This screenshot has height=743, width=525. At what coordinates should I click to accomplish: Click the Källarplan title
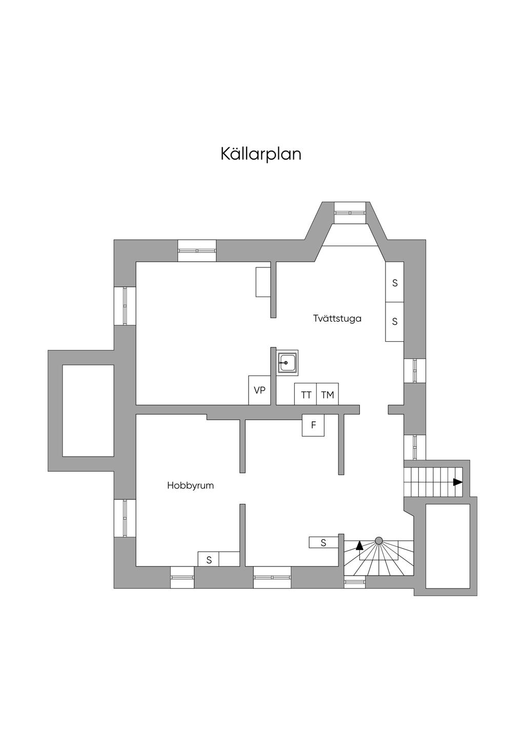pyautogui.click(x=261, y=154)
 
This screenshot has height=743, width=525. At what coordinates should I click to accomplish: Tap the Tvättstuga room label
pyautogui.click(x=337, y=319)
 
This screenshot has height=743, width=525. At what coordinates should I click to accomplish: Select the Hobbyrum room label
pyautogui.click(x=190, y=485)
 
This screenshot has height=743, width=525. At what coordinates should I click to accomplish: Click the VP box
pyautogui.click(x=259, y=390)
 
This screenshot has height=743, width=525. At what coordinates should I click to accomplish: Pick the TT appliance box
pyautogui.click(x=306, y=394)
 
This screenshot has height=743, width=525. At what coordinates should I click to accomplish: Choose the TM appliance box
pyautogui.click(x=328, y=394)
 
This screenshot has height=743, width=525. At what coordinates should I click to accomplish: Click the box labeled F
pyautogui.click(x=313, y=425)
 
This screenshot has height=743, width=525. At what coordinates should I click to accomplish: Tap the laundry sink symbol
pyautogui.click(x=287, y=362)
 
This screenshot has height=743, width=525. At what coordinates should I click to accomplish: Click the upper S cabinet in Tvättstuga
pyautogui.click(x=395, y=282)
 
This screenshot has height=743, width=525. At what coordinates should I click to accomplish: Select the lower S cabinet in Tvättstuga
pyautogui.click(x=395, y=322)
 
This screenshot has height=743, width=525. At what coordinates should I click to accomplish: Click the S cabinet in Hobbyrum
pyautogui.click(x=209, y=559)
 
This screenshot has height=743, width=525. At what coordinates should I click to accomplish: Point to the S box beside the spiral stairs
pyautogui.click(x=323, y=542)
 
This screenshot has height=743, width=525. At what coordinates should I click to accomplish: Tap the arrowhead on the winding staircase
pyautogui.click(x=359, y=545)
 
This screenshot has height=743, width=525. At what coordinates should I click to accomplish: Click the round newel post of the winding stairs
pyautogui.click(x=379, y=540)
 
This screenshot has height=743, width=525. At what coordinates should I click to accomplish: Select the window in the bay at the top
pyautogui.click(x=351, y=212)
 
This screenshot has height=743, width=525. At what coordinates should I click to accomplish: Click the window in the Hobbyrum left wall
pyautogui.click(x=125, y=518)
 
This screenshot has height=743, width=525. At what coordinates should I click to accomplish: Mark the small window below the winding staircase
pyautogui.click(x=354, y=581)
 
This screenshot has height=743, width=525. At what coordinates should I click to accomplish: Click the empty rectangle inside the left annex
pyautogui.click(x=88, y=410)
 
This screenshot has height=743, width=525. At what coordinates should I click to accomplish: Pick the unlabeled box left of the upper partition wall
pyautogui.click(x=263, y=282)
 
